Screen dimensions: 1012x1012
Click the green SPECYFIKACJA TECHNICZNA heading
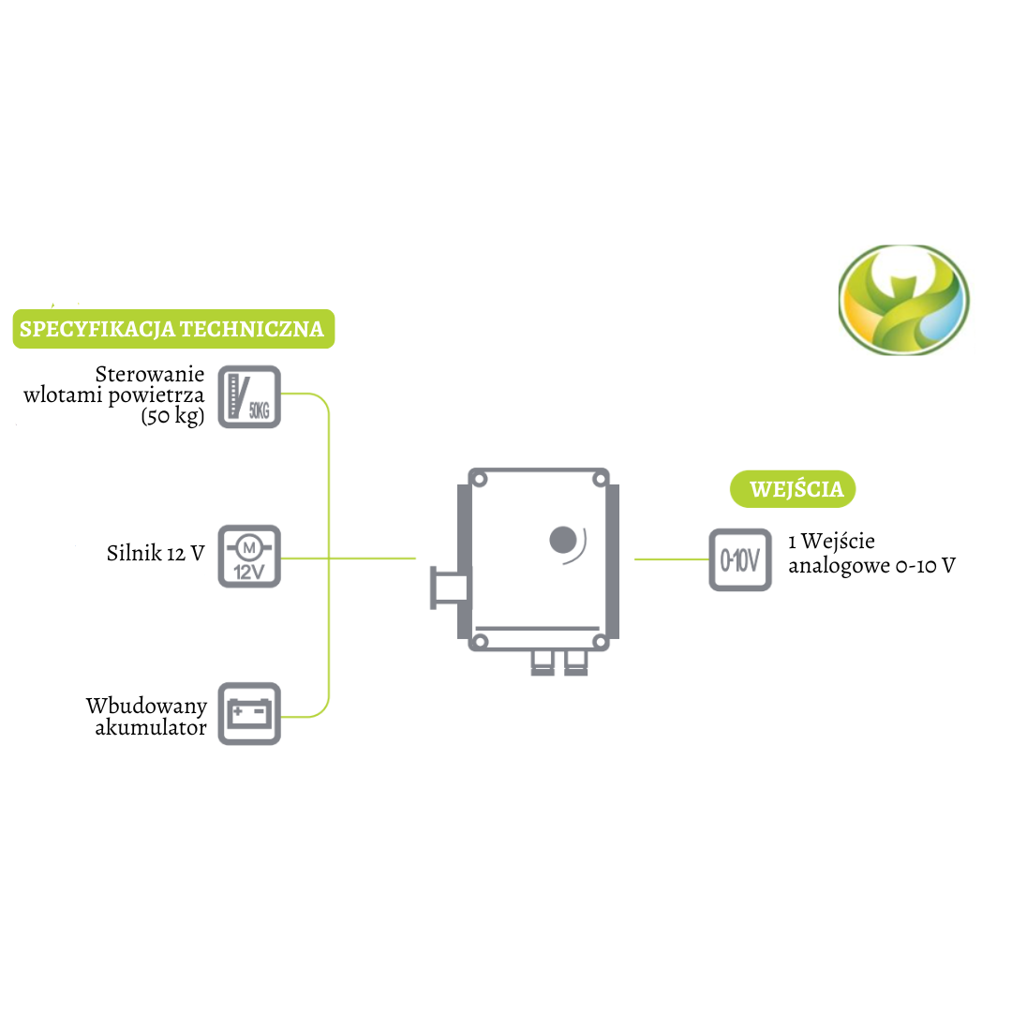tap(171, 329)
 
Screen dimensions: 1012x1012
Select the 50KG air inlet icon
tap(249, 396)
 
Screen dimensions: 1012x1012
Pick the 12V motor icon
tap(249, 557)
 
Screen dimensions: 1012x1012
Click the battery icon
tap(249, 714)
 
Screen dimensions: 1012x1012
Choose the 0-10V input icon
tap(739, 560)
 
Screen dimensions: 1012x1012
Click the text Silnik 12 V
tap(156, 553)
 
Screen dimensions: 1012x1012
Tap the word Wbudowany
tap(145, 706)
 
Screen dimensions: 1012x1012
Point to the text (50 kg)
tap(172, 416)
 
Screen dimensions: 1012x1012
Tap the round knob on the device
tap(562, 541)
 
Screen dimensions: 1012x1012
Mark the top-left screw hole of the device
tap(481, 480)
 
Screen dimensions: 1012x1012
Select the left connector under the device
tap(542, 662)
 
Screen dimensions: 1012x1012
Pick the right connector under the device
tap(574, 662)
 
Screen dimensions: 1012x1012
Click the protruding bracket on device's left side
tap(448, 588)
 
